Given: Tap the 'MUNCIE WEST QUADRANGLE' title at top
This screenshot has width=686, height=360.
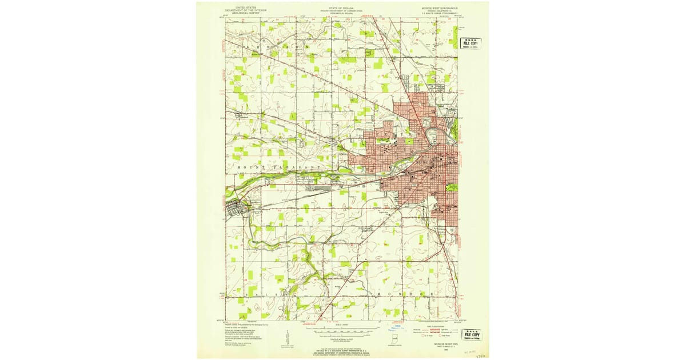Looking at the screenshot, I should [440, 7].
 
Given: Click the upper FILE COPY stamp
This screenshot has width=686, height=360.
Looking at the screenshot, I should [470, 43].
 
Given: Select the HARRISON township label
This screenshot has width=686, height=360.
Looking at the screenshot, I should [274, 47].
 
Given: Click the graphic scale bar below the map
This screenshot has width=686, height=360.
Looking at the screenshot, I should [343, 330].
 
